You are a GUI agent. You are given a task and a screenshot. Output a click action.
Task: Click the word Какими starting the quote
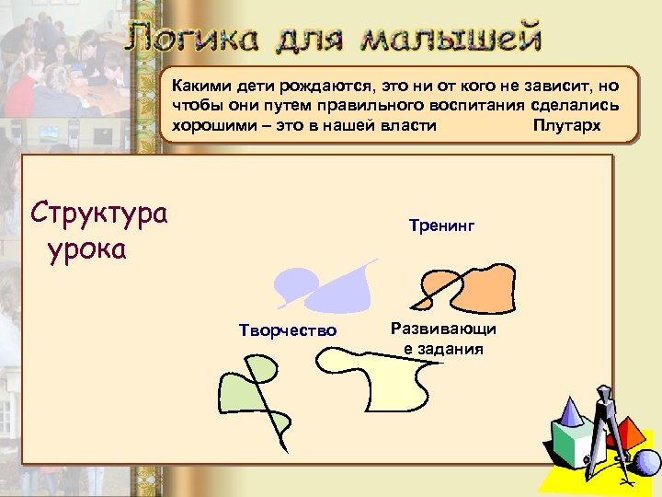click(198, 87)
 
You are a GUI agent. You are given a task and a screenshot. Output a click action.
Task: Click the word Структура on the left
click(99, 214)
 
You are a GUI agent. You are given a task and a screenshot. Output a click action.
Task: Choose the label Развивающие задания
click(442, 338)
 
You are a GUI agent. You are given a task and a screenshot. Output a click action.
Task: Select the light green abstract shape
click(244, 391)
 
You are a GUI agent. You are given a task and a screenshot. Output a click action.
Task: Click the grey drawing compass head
click(604, 398)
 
